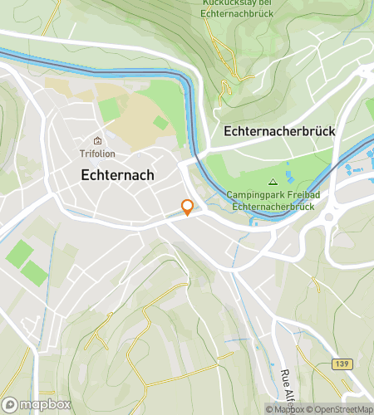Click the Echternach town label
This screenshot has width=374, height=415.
pyautogui.click(x=116, y=175)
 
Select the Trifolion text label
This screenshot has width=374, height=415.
pyautogui.click(x=97, y=154)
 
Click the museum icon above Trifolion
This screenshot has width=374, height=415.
pyautogui.click(x=97, y=140)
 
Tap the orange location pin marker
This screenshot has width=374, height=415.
pyautogui.click(x=188, y=207)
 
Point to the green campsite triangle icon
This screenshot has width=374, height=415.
pyautogui.click(x=272, y=182)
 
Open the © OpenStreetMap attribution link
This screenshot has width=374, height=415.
pyautogui.click(x=342, y=409)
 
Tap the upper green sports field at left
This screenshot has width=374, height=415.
pyautogui.click(x=21, y=253)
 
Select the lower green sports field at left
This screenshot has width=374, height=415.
pyautogui.click(x=35, y=272)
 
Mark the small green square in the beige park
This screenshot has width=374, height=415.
pyautogui.click(x=160, y=123)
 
